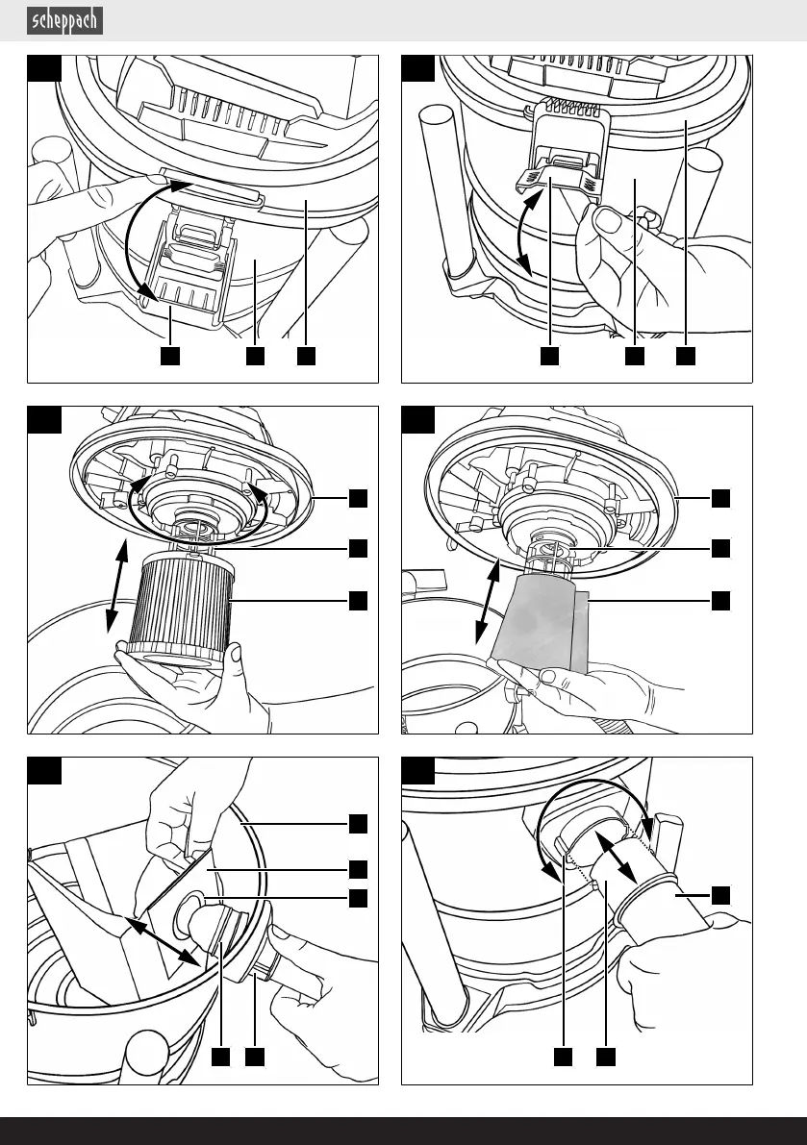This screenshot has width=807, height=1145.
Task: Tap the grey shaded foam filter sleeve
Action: pyautogui.click(x=539, y=620)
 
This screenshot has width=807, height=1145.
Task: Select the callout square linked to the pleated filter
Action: pyautogui.click(x=357, y=600)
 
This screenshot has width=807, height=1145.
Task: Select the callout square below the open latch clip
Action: pyautogui.click(x=169, y=356)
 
